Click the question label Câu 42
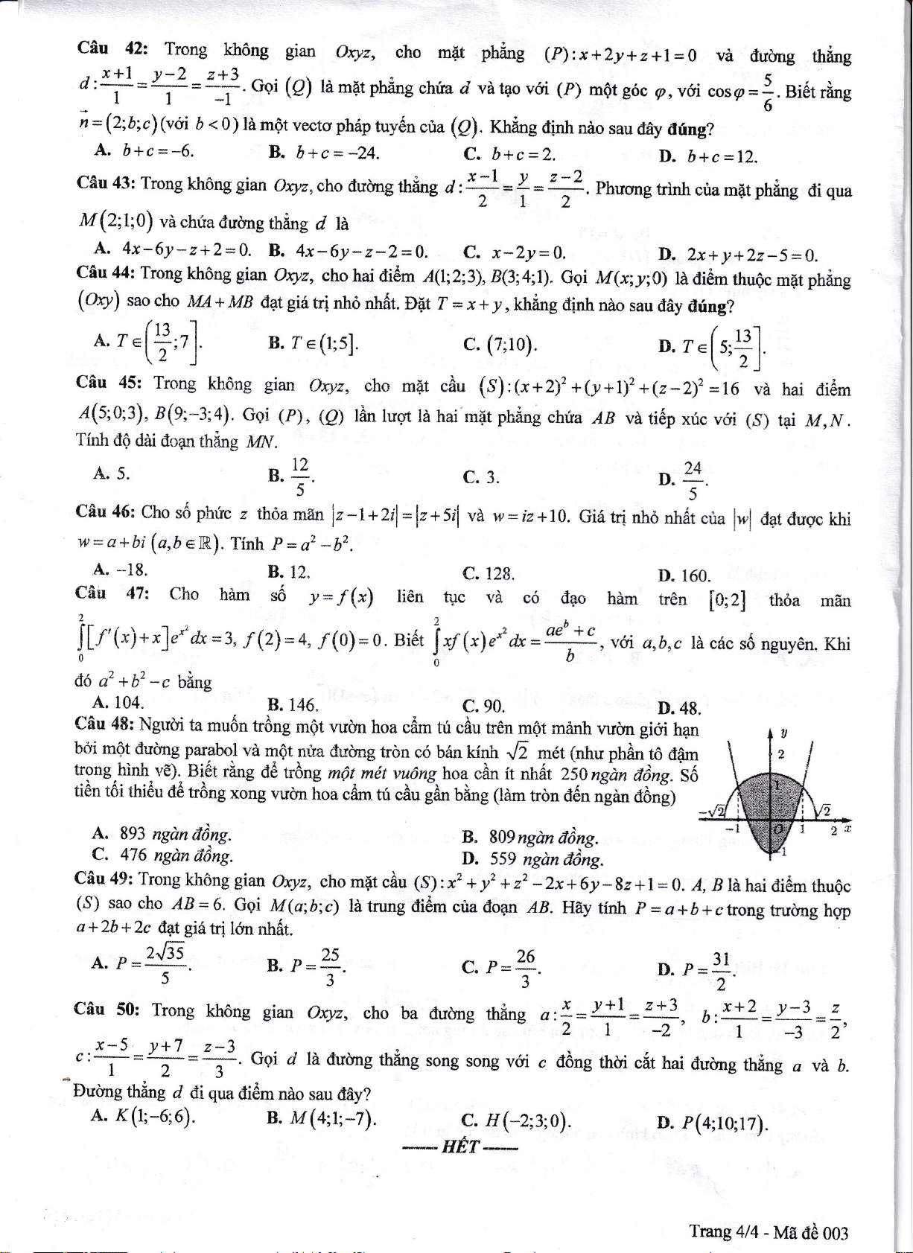click(112, 49)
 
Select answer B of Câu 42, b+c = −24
click(325, 153)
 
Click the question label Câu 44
click(105, 273)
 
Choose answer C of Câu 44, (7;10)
click(499, 345)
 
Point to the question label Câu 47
click(112, 593)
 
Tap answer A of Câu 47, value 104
click(118, 701)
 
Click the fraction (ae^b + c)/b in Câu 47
click(570, 643)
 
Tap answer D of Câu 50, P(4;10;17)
click(714, 1122)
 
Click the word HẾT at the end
click(459, 1147)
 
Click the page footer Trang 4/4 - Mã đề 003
click(769, 1233)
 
